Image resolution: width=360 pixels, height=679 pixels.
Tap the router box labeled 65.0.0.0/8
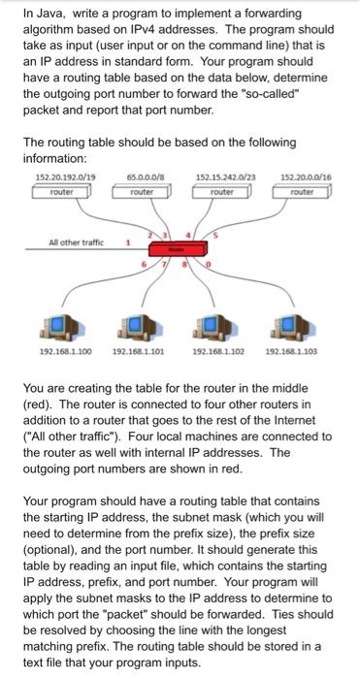click(141, 192)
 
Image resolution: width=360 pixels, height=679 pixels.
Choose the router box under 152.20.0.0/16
click(305, 192)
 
